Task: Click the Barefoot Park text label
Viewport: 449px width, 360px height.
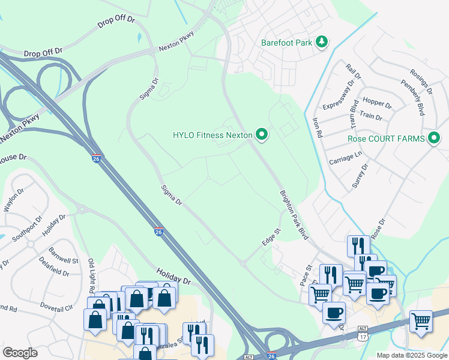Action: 287,43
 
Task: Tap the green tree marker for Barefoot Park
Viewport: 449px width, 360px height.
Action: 323,41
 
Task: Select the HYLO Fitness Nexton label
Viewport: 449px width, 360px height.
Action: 212,135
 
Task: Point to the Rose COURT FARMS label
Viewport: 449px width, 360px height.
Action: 386,139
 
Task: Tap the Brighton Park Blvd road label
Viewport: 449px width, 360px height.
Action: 294,215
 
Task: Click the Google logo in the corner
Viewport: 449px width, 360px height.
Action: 20,353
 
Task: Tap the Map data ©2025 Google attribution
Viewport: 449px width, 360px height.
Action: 412,355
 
